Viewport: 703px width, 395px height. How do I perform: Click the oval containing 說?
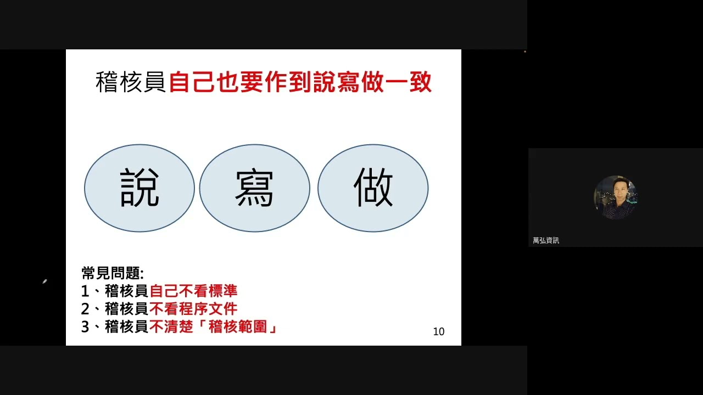(140, 188)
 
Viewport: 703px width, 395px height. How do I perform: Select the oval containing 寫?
(254, 188)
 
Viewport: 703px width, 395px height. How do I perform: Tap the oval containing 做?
(373, 188)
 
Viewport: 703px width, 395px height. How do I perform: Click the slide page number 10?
(439, 331)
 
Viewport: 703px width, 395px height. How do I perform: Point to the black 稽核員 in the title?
(131, 83)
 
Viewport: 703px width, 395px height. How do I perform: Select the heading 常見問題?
(113, 273)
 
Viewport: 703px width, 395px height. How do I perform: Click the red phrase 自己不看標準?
(193, 291)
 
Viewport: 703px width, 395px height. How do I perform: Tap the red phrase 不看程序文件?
(193, 309)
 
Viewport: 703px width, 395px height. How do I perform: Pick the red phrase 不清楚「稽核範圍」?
(214, 327)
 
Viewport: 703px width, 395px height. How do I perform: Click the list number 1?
(85, 291)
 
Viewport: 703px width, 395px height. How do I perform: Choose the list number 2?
(85, 309)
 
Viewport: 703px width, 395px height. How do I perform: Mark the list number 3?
(85, 328)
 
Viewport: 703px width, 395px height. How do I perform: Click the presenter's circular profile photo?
(615, 197)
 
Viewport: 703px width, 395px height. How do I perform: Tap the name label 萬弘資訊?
(546, 240)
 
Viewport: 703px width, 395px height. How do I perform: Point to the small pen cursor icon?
(44, 282)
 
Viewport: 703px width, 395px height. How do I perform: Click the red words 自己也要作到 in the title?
(240, 83)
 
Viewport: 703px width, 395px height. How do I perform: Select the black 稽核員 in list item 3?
(127, 327)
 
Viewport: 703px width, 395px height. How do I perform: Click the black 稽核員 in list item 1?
(127, 291)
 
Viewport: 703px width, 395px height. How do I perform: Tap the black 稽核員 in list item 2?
(127, 309)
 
